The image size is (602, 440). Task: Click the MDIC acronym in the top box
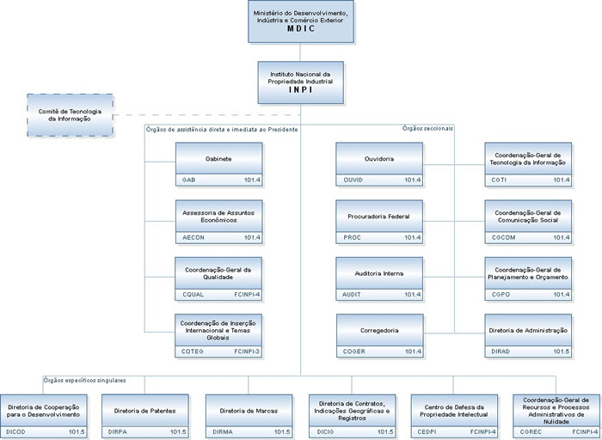tap(301, 28)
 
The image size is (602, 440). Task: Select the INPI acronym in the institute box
tap(301, 88)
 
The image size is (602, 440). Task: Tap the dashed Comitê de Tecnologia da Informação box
tap(70, 113)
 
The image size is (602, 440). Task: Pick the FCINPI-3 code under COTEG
tap(246, 351)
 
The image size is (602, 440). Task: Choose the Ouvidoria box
tap(378, 159)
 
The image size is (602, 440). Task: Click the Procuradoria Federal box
tap(378, 216)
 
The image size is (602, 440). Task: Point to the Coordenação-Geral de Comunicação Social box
tap(527, 216)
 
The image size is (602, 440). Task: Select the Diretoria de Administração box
tap(527, 330)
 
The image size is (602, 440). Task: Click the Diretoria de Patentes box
tap(144, 410)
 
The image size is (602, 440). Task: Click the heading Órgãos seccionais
tap(427, 128)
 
